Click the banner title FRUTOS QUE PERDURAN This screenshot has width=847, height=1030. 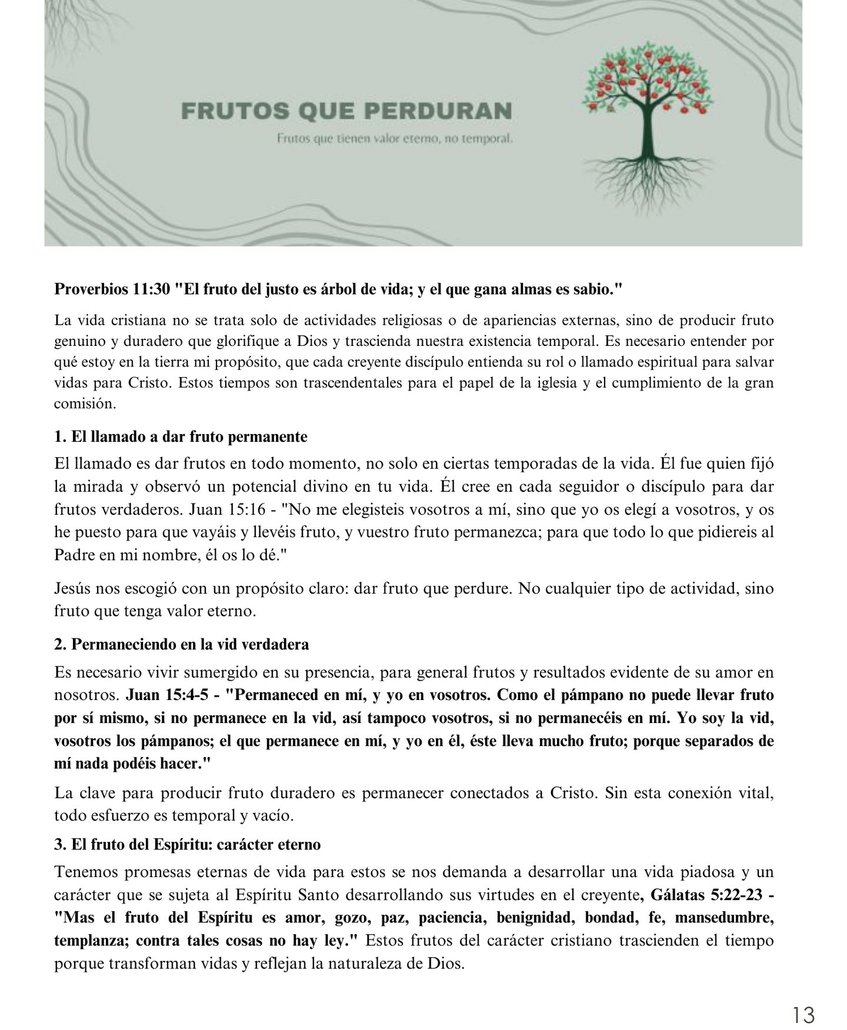tap(346, 111)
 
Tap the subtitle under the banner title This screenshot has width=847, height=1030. tap(396, 139)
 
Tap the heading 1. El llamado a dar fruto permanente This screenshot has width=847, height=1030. tap(181, 437)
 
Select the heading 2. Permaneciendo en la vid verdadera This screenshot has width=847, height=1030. tap(181, 644)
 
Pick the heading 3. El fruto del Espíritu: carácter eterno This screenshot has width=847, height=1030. tap(187, 845)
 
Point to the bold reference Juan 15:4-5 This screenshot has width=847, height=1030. tap(168, 695)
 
